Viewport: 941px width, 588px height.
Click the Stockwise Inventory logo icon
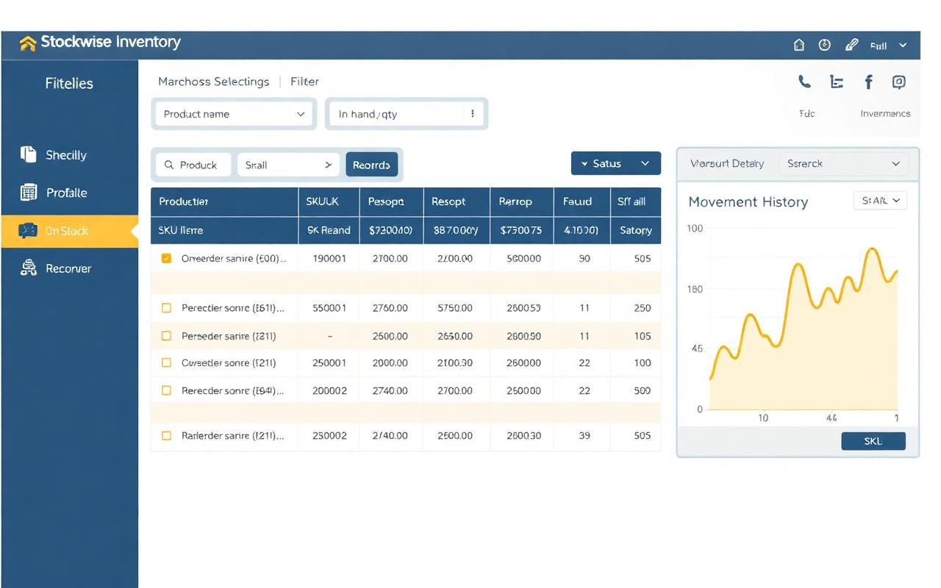point(27,43)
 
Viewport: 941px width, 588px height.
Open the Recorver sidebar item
point(68,268)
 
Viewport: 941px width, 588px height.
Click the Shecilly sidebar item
point(65,155)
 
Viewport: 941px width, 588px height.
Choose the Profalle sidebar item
point(66,193)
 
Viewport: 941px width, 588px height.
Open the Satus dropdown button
point(615,163)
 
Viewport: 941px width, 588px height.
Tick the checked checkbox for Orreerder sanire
point(166,258)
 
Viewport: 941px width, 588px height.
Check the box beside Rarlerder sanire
point(166,435)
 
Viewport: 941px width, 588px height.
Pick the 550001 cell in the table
point(329,308)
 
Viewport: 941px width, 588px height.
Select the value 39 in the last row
point(584,435)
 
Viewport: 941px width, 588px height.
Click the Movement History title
point(748,201)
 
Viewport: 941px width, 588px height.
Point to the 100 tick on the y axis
point(695,229)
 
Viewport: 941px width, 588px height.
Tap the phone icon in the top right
point(805,82)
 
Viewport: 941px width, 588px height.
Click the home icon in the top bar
point(799,45)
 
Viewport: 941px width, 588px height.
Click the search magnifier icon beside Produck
point(169,165)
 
